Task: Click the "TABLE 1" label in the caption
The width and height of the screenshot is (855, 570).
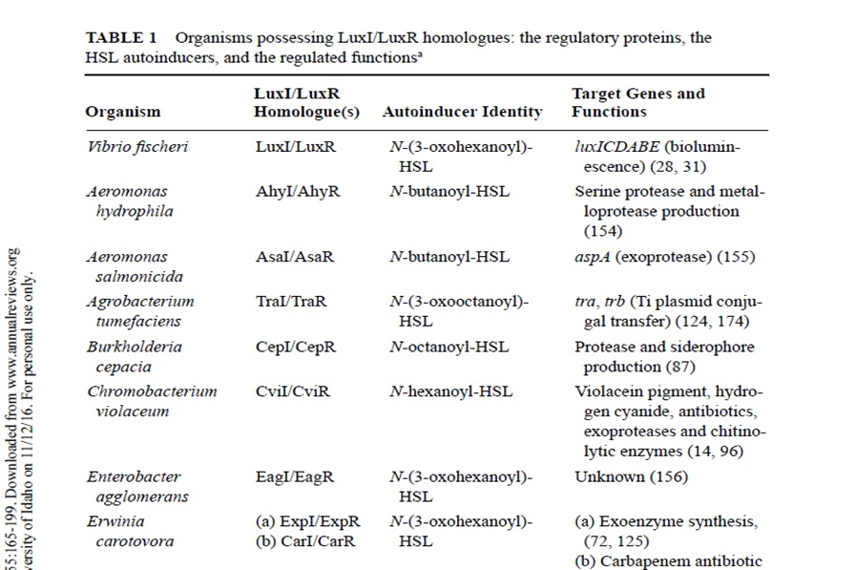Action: (121, 38)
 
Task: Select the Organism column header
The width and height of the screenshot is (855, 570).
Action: (123, 112)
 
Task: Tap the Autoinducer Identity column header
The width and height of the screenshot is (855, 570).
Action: (462, 112)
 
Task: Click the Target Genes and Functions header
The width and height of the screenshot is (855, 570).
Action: (637, 102)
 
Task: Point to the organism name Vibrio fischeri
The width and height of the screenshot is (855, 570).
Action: (137, 147)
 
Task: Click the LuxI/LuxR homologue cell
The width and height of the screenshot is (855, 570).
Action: (295, 147)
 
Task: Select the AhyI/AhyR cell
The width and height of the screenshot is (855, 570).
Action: (297, 191)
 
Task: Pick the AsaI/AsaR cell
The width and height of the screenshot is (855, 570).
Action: (296, 257)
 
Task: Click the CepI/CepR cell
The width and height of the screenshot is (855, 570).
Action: (295, 347)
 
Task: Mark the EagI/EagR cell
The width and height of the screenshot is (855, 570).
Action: (295, 476)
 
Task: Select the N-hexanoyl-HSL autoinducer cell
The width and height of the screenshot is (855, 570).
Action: (451, 391)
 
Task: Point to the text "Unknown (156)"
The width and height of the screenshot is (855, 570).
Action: (630, 476)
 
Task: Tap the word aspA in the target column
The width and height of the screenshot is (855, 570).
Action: (592, 257)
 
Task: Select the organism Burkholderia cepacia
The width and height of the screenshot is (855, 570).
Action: (134, 356)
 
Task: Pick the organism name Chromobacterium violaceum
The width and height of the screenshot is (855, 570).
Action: (152, 401)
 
